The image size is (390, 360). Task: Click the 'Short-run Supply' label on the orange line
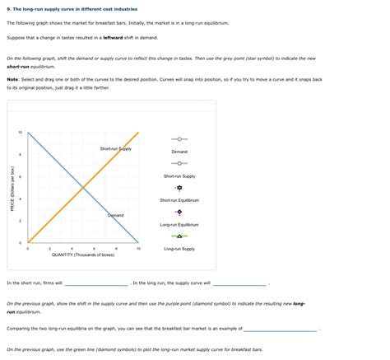click(x=115, y=149)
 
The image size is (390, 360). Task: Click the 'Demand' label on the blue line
click(x=116, y=215)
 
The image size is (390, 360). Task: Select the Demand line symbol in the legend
click(x=179, y=138)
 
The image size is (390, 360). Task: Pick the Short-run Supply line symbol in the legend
click(x=179, y=162)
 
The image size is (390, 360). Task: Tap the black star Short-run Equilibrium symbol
click(x=179, y=187)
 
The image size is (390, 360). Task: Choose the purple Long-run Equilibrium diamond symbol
click(x=179, y=211)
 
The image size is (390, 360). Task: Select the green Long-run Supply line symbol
click(x=179, y=236)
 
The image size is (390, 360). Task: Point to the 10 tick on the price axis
click(x=21, y=133)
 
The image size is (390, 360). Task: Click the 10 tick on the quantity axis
click(x=138, y=248)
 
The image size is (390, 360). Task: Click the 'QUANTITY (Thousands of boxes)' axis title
click(x=82, y=255)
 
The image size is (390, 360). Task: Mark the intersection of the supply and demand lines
click(x=82, y=188)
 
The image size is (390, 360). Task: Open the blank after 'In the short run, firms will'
click(x=96, y=283)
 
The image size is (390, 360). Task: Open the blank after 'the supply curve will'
click(x=239, y=283)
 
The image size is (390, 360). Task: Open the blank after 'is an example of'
click(x=281, y=329)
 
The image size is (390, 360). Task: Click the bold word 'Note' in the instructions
click(x=12, y=79)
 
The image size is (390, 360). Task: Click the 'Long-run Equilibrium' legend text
click(x=179, y=224)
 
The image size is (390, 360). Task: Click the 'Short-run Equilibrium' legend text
click(x=179, y=200)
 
